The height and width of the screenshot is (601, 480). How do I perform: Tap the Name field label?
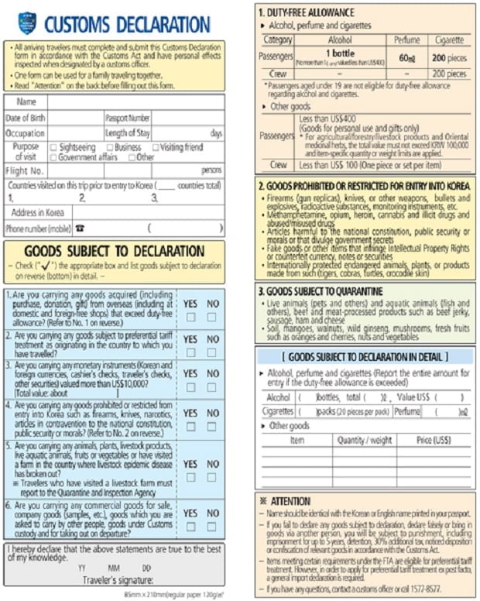point(26,102)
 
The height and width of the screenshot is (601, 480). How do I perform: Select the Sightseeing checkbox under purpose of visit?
point(53,147)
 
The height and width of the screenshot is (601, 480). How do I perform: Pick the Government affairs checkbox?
point(53,157)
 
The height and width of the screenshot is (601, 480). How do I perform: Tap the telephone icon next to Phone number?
point(78,228)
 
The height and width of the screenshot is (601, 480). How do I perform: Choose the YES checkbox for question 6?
point(190,527)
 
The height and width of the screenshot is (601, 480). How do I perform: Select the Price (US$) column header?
point(433,439)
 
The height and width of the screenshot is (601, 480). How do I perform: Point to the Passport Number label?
point(128,118)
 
